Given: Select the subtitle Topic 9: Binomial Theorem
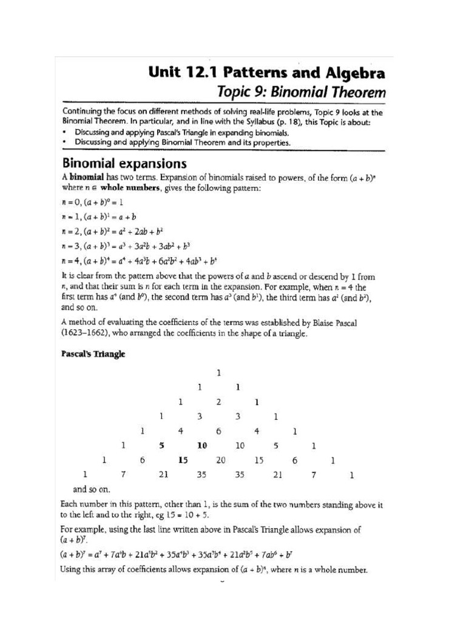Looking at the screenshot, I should pyautogui.click(x=302, y=93).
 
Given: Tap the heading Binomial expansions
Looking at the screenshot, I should pyautogui.click(x=124, y=164).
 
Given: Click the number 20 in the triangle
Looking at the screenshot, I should pyautogui.click(x=220, y=460).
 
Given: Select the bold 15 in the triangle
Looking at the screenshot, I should pyautogui.click(x=183, y=460).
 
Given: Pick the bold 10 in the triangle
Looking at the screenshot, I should pyautogui.click(x=202, y=446).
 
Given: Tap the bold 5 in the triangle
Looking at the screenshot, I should pyautogui.click(x=161, y=446).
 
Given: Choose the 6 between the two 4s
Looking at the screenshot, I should pyautogui.click(x=219, y=431).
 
